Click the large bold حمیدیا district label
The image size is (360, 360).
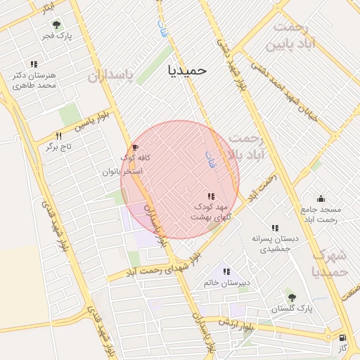pos(187,70)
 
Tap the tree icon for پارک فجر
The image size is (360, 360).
pos(56,25)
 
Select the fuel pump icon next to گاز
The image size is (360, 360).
pos(342,337)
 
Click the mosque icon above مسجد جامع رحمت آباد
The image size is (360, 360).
pos(321,199)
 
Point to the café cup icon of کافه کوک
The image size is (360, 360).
pos(135,147)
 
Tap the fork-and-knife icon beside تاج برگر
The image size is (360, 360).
pos(59,136)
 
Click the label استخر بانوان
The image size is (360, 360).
pos(122,171)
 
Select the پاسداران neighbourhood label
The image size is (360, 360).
pos(110,76)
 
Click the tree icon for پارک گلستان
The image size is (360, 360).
pos(291,297)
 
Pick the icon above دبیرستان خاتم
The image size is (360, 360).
pos(226,271)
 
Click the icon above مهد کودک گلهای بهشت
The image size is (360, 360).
pos(211,196)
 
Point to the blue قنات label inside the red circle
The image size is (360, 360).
pos(209,157)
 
